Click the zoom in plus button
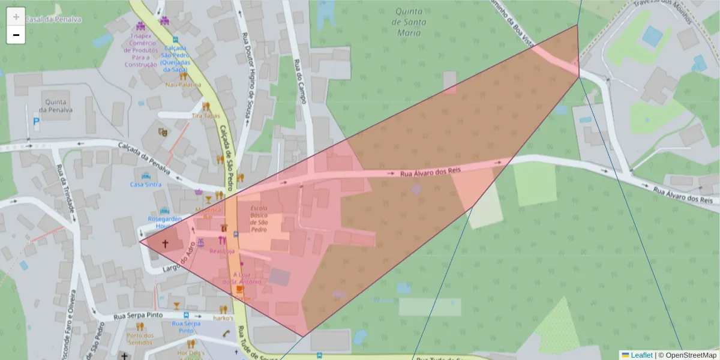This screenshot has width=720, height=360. (x=16, y=17)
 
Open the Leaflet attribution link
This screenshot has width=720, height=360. (x=641, y=355)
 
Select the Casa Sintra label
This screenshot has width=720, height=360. (x=146, y=185)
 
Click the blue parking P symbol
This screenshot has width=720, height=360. (x=36, y=121)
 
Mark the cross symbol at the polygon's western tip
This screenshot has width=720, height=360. (x=165, y=244)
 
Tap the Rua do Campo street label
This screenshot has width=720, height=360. (x=300, y=81)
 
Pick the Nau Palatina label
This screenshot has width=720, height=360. (x=184, y=85)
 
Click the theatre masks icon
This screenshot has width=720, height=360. (x=162, y=131)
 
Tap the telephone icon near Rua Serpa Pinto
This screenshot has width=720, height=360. (x=226, y=334)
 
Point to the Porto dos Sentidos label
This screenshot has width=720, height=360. (x=140, y=339)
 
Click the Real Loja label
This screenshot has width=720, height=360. (x=222, y=251)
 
